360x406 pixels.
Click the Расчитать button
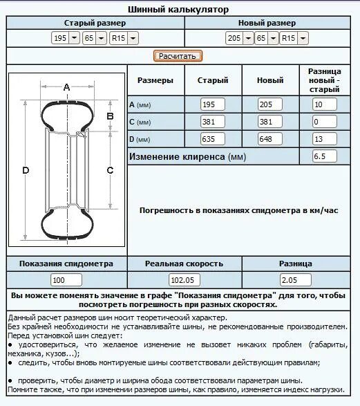coord(177,56)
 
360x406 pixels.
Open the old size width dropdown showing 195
coord(66,39)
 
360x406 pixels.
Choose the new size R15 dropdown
coord(297,39)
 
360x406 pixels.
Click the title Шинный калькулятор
coord(178,10)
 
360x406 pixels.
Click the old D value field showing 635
coord(213,138)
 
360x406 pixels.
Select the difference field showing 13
coord(325,138)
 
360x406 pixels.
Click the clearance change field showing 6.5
coord(325,156)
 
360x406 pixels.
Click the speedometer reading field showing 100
coord(66,280)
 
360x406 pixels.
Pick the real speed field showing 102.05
coord(184,280)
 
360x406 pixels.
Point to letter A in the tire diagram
coord(66,87)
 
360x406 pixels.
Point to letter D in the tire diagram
coord(26,171)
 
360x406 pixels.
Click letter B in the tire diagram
coord(109,116)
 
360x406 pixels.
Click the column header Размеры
coord(155,81)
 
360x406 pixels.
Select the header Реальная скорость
coord(184,264)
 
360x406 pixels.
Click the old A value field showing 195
coord(213,104)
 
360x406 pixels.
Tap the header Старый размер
coord(95,24)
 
